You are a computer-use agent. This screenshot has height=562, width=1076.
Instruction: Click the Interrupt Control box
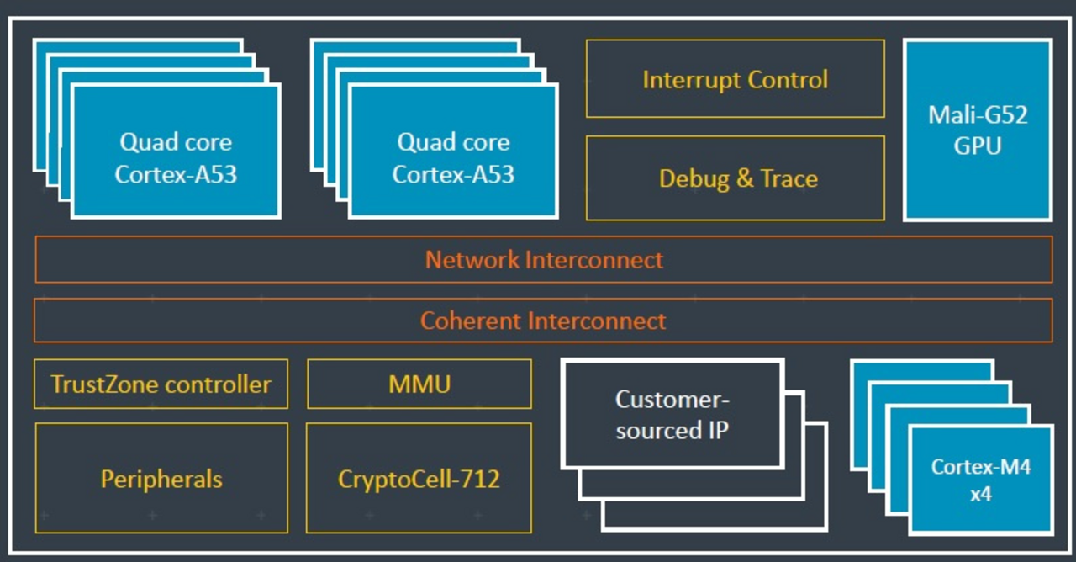pyautogui.click(x=735, y=78)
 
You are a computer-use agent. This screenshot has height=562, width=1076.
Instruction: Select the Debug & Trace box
pyautogui.click(x=735, y=178)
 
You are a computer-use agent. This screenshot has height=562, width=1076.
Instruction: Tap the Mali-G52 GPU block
pyautogui.click(x=978, y=130)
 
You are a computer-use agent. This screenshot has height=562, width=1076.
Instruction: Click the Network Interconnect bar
pyautogui.click(x=543, y=259)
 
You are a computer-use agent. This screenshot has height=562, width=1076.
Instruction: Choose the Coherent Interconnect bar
pyautogui.click(x=543, y=321)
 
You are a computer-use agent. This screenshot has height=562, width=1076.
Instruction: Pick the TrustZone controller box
pyautogui.click(x=161, y=384)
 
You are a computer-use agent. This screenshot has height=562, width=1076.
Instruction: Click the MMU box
pyautogui.click(x=419, y=384)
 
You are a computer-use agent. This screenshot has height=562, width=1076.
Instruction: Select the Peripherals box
pyautogui.click(x=161, y=479)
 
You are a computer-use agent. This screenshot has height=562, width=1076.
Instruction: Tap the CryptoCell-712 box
pyautogui.click(x=419, y=479)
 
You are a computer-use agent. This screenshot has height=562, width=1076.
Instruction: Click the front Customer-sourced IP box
pyautogui.click(x=672, y=414)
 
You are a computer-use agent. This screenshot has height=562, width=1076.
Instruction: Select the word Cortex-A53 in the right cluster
pyautogui.click(x=453, y=175)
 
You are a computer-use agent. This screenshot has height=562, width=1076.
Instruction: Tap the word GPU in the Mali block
pyautogui.click(x=978, y=146)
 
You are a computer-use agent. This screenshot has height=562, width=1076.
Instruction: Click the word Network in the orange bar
pyautogui.click(x=472, y=259)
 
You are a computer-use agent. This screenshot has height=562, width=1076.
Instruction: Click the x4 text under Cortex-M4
pyautogui.click(x=981, y=494)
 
